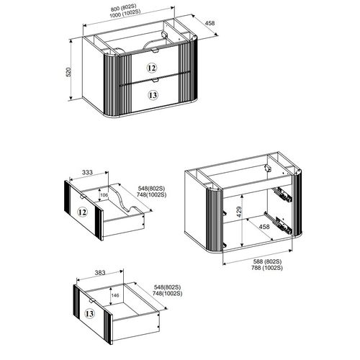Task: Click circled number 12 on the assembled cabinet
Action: [151, 67]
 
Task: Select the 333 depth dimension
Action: [86, 173]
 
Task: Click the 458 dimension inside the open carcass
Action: [264, 228]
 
